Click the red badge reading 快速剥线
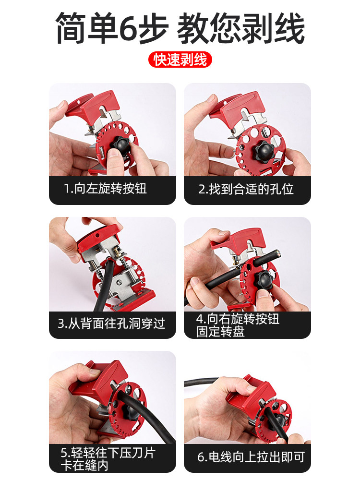[180, 60]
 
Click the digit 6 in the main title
[128, 28]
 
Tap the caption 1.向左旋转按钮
[105, 189]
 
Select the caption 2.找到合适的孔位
[246, 189]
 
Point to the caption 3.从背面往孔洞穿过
[111, 323]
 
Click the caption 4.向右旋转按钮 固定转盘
[238, 325]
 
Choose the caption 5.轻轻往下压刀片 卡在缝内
[108, 458]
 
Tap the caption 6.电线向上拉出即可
[251, 457]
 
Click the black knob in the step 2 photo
[265, 150]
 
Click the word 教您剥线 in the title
[241, 28]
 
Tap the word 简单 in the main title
[86, 28]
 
